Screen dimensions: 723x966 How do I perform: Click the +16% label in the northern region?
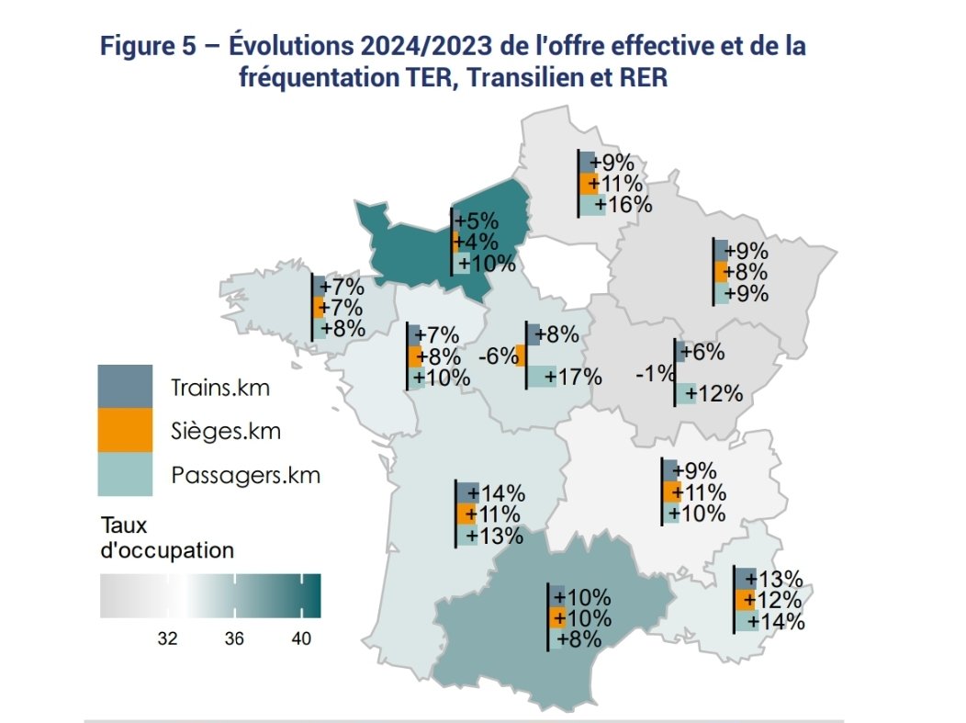(623, 205)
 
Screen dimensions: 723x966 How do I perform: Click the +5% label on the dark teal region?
(477, 221)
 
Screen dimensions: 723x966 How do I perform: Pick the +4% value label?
(477, 243)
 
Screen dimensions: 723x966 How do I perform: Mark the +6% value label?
(705, 353)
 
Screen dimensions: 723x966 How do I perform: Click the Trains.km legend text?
(220, 388)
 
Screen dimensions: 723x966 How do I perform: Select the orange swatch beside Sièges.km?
(126, 430)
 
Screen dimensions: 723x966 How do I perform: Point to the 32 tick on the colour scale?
(167, 638)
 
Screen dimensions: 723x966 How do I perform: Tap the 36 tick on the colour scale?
(234, 638)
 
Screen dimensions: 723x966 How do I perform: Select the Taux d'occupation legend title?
(165, 539)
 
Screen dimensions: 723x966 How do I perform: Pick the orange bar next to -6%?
(520, 356)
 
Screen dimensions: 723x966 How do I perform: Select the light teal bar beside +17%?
(542, 377)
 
